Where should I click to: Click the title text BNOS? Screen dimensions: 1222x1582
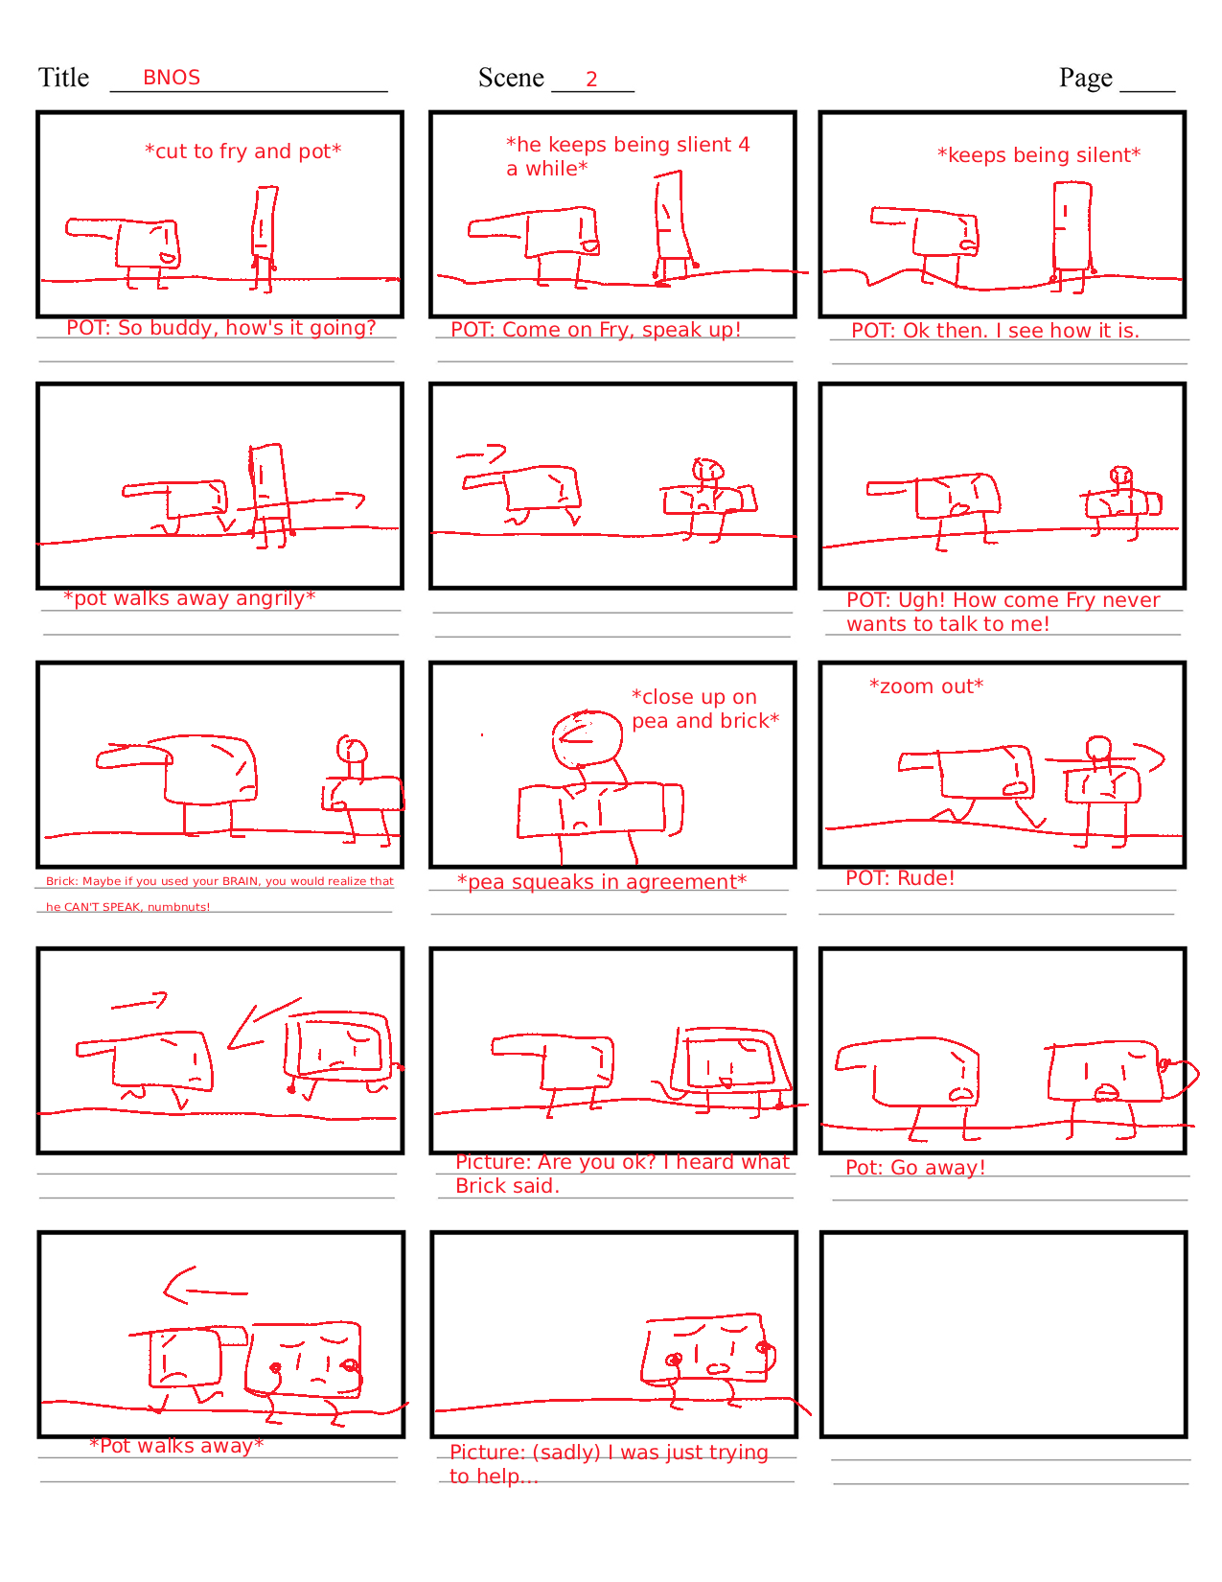tap(171, 77)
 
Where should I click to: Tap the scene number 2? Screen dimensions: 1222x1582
tap(591, 79)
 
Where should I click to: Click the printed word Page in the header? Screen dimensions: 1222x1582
tap(1085, 78)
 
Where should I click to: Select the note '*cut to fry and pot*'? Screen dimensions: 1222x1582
tap(242, 151)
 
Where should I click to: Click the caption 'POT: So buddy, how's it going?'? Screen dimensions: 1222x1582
tap(221, 328)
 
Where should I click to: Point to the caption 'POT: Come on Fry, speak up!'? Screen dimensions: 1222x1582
tap(595, 330)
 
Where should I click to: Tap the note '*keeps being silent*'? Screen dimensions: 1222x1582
tap(1039, 155)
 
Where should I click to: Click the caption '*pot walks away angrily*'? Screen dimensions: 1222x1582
tap(189, 597)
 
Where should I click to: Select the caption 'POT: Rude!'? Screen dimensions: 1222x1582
tap(900, 878)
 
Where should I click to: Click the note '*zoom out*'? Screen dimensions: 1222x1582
tap(926, 686)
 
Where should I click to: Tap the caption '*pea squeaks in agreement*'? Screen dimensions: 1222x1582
tap(602, 882)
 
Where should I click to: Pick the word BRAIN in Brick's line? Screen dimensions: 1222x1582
tap(241, 881)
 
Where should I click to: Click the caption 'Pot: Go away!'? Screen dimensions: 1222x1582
tap(915, 1167)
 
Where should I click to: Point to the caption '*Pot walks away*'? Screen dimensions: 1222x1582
tap(176, 1445)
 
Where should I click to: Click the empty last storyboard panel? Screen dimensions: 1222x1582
tap(1003, 1335)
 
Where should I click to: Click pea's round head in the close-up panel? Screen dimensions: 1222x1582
tap(587, 739)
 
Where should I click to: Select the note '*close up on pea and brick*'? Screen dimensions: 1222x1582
tap(705, 709)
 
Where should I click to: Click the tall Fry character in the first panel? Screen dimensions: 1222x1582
tap(264, 238)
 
